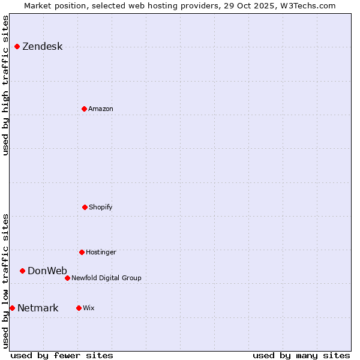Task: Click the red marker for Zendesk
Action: click(x=17, y=47)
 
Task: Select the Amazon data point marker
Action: click(x=84, y=109)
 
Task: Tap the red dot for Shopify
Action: click(x=85, y=207)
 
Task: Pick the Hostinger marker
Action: click(x=82, y=252)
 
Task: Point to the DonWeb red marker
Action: click(x=22, y=271)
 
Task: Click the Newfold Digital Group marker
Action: click(x=67, y=278)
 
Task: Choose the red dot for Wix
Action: click(x=79, y=308)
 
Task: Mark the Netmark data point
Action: click(x=12, y=308)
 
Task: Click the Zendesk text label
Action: click(x=42, y=47)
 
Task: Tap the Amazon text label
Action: click(x=101, y=109)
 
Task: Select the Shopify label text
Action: click(x=101, y=207)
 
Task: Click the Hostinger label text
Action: click(x=101, y=252)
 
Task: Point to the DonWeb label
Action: click(x=47, y=271)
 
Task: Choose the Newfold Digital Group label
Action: click(x=106, y=278)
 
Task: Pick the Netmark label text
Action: click(x=38, y=308)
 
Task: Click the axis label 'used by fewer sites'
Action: click(x=62, y=355)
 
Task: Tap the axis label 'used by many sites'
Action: click(x=301, y=355)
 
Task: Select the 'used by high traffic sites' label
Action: click(x=6, y=85)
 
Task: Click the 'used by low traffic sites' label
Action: click(x=6, y=281)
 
